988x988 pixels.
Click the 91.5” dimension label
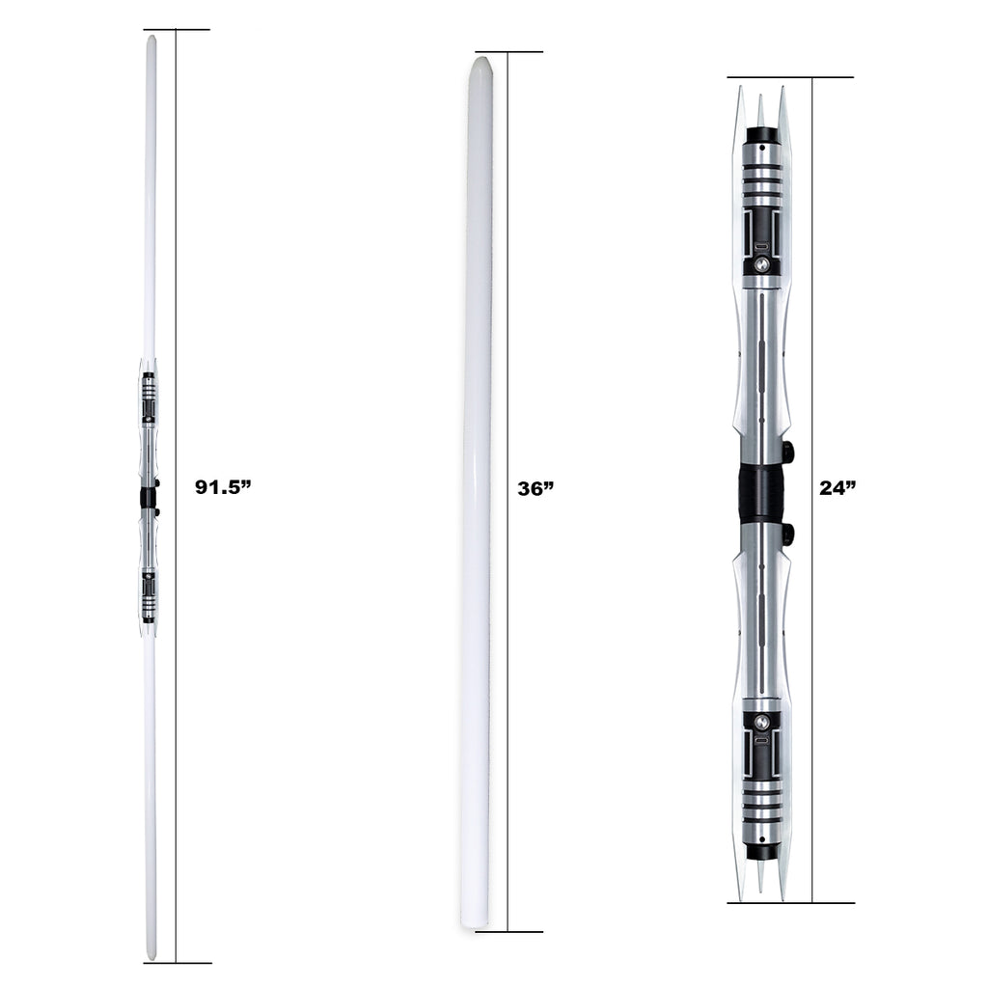223,486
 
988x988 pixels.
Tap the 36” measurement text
535,488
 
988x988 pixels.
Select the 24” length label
838,487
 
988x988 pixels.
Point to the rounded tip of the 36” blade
480,62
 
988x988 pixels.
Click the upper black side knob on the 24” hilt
787,452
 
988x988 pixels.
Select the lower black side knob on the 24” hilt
787,534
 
